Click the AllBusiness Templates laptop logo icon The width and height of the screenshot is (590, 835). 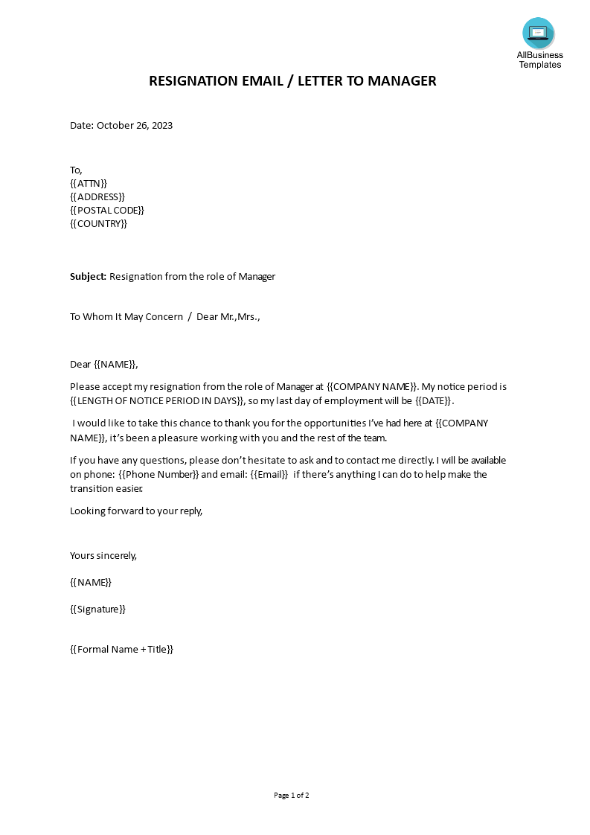(538, 33)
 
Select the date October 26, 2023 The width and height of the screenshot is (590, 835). (135, 126)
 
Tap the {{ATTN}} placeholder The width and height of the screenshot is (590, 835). (89, 183)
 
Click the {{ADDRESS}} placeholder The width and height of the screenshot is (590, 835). (97, 196)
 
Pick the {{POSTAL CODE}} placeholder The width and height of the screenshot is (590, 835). (107, 210)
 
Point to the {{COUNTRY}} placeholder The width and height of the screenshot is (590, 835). (99, 223)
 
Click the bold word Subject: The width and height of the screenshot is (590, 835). (89, 277)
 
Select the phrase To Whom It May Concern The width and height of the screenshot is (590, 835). (126, 317)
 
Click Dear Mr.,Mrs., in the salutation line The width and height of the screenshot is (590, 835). (228, 317)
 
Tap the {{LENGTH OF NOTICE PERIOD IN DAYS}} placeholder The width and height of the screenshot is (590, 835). (158, 401)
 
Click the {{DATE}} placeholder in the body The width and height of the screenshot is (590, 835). (433, 401)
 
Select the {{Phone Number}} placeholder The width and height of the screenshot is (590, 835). (158, 475)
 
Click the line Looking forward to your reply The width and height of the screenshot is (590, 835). (136, 511)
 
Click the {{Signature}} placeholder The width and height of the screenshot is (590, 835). (97, 610)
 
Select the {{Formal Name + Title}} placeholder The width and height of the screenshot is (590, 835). (121, 650)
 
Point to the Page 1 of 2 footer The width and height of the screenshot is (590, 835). (292, 796)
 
